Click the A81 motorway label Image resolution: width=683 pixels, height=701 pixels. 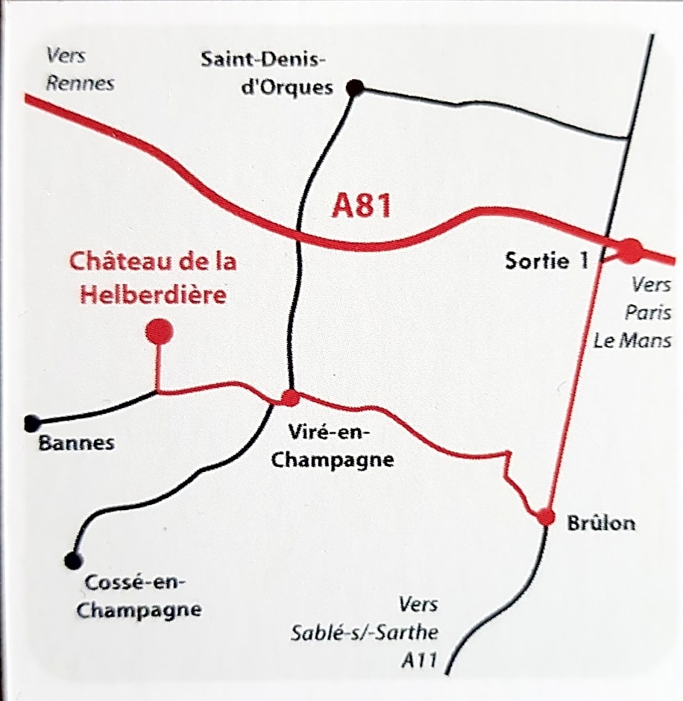click(362, 207)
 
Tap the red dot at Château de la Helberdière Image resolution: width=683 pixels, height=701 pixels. click(159, 331)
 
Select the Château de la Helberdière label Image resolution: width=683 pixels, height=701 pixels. click(153, 278)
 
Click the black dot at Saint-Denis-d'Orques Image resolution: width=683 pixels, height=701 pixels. click(356, 89)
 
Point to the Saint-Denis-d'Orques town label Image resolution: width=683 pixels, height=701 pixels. click(267, 73)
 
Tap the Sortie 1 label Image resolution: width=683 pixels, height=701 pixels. click(547, 261)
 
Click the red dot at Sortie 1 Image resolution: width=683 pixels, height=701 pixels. click(631, 251)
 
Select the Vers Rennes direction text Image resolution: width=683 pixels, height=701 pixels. click(80, 69)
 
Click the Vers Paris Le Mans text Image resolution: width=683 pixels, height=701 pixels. click(634, 312)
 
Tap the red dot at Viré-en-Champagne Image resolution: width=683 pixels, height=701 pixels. click(291, 397)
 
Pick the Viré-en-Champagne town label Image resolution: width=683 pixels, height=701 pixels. click(332, 445)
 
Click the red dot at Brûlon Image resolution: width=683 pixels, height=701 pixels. click(546, 517)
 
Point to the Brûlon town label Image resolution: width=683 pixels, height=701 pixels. click(601, 523)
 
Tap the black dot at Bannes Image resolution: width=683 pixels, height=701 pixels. click(31, 424)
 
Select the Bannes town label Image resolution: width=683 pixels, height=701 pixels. click(76, 443)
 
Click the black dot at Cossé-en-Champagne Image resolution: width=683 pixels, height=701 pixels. click(72, 559)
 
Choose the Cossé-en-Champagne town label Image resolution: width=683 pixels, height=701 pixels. click(139, 596)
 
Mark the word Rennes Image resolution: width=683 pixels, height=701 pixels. click(81, 82)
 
